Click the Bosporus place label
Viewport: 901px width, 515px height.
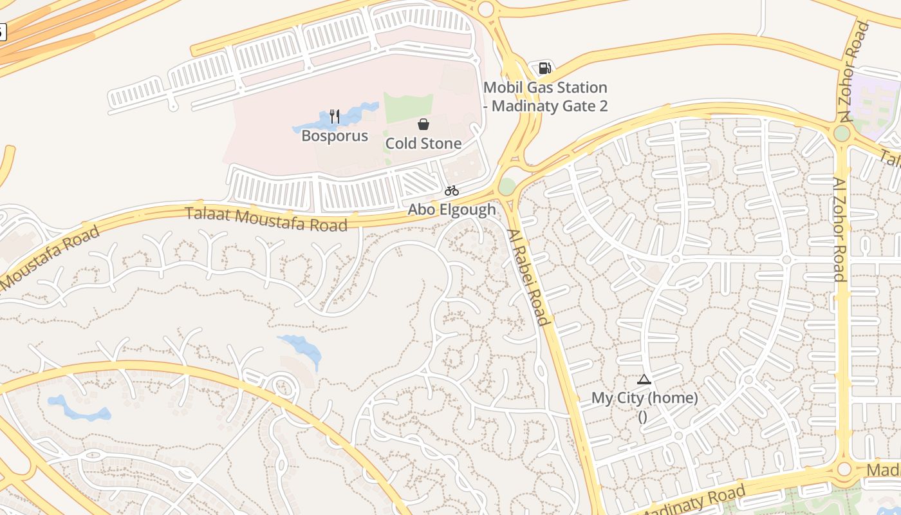tap(335, 136)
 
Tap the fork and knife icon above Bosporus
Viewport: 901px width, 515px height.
tap(334, 117)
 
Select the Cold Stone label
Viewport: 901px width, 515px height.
tap(423, 144)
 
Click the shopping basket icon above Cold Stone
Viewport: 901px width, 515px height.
tap(423, 124)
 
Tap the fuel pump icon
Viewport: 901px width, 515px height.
tap(545, 68)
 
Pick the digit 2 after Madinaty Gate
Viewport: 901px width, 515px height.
tap(603, 106)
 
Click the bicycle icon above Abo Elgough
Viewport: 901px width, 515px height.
tap(451, 191)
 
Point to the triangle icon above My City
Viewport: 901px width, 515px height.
tap(644, 379)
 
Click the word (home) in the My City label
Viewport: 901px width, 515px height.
tap(672, 398)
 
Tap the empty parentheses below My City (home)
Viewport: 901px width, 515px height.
tap(643, 416)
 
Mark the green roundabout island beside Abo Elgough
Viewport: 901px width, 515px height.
tap(507, 187)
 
